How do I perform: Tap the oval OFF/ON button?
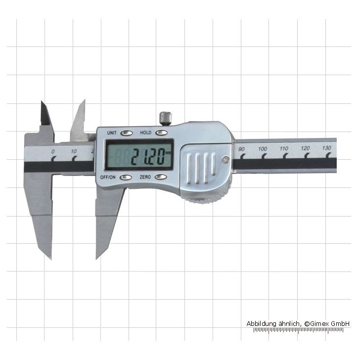coord(126,177)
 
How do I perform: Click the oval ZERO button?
coord(161,177)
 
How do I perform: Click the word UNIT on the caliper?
coord(112,133)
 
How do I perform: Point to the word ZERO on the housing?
coord(145,177)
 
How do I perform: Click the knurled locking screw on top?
coord(165,118)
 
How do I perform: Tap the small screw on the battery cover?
coord(226,159)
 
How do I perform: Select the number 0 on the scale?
coord(53,151)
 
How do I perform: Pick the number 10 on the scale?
coord(74,151)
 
